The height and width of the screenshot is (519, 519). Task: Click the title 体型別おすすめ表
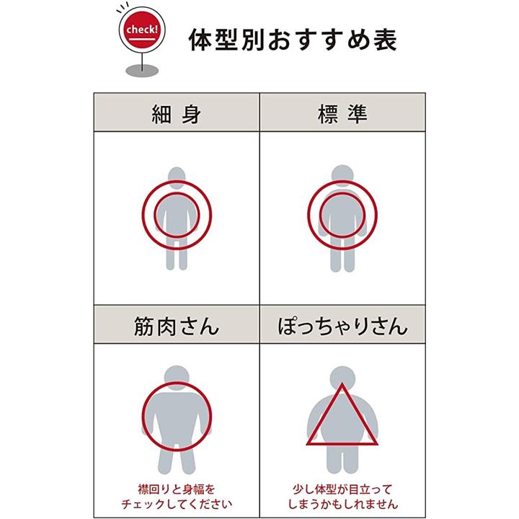[292, 39]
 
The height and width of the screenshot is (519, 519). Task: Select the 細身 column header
[177, 114]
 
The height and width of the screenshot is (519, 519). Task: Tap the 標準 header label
[342, 114]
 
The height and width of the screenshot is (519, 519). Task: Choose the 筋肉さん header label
[177, 327]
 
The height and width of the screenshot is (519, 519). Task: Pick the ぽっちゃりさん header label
[343, 327]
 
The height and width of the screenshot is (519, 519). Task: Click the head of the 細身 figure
[177, 177]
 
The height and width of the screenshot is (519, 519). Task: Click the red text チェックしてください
[177, 503]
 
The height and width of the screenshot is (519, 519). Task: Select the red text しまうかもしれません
[342, 503]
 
